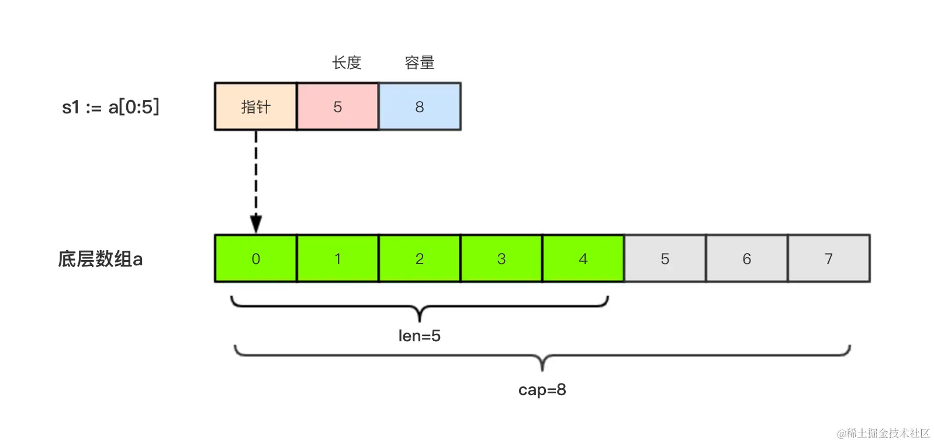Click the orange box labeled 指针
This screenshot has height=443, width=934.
(255, 106)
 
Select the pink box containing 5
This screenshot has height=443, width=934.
(337, 106)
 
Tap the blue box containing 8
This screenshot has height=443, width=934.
(420, 106)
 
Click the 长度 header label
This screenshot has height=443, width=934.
(347, 63)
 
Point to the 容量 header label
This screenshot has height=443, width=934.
(420, 63)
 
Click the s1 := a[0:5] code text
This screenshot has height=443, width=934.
(110, 107)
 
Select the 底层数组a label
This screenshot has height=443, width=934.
(100, 259)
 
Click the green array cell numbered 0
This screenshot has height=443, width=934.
(255, 259)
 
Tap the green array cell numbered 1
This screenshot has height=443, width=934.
(337, 259)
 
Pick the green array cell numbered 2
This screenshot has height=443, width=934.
(420, 259)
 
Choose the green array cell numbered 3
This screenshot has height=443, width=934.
(501, 259)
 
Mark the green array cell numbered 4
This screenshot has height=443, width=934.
(583, 259)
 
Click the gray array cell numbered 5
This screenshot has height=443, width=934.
(665, 259)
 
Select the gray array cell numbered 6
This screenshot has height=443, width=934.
(747, 259)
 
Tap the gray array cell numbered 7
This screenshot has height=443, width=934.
(829, 259)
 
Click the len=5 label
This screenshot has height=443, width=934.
(420, 335)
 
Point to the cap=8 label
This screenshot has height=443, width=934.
(542, 390)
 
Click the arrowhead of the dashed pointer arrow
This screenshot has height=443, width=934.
(256, 223)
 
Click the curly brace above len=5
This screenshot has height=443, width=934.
(420, 307)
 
